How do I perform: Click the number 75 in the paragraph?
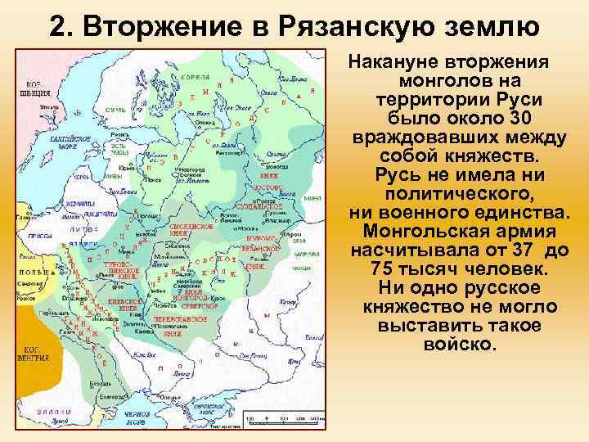click(384, 269)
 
